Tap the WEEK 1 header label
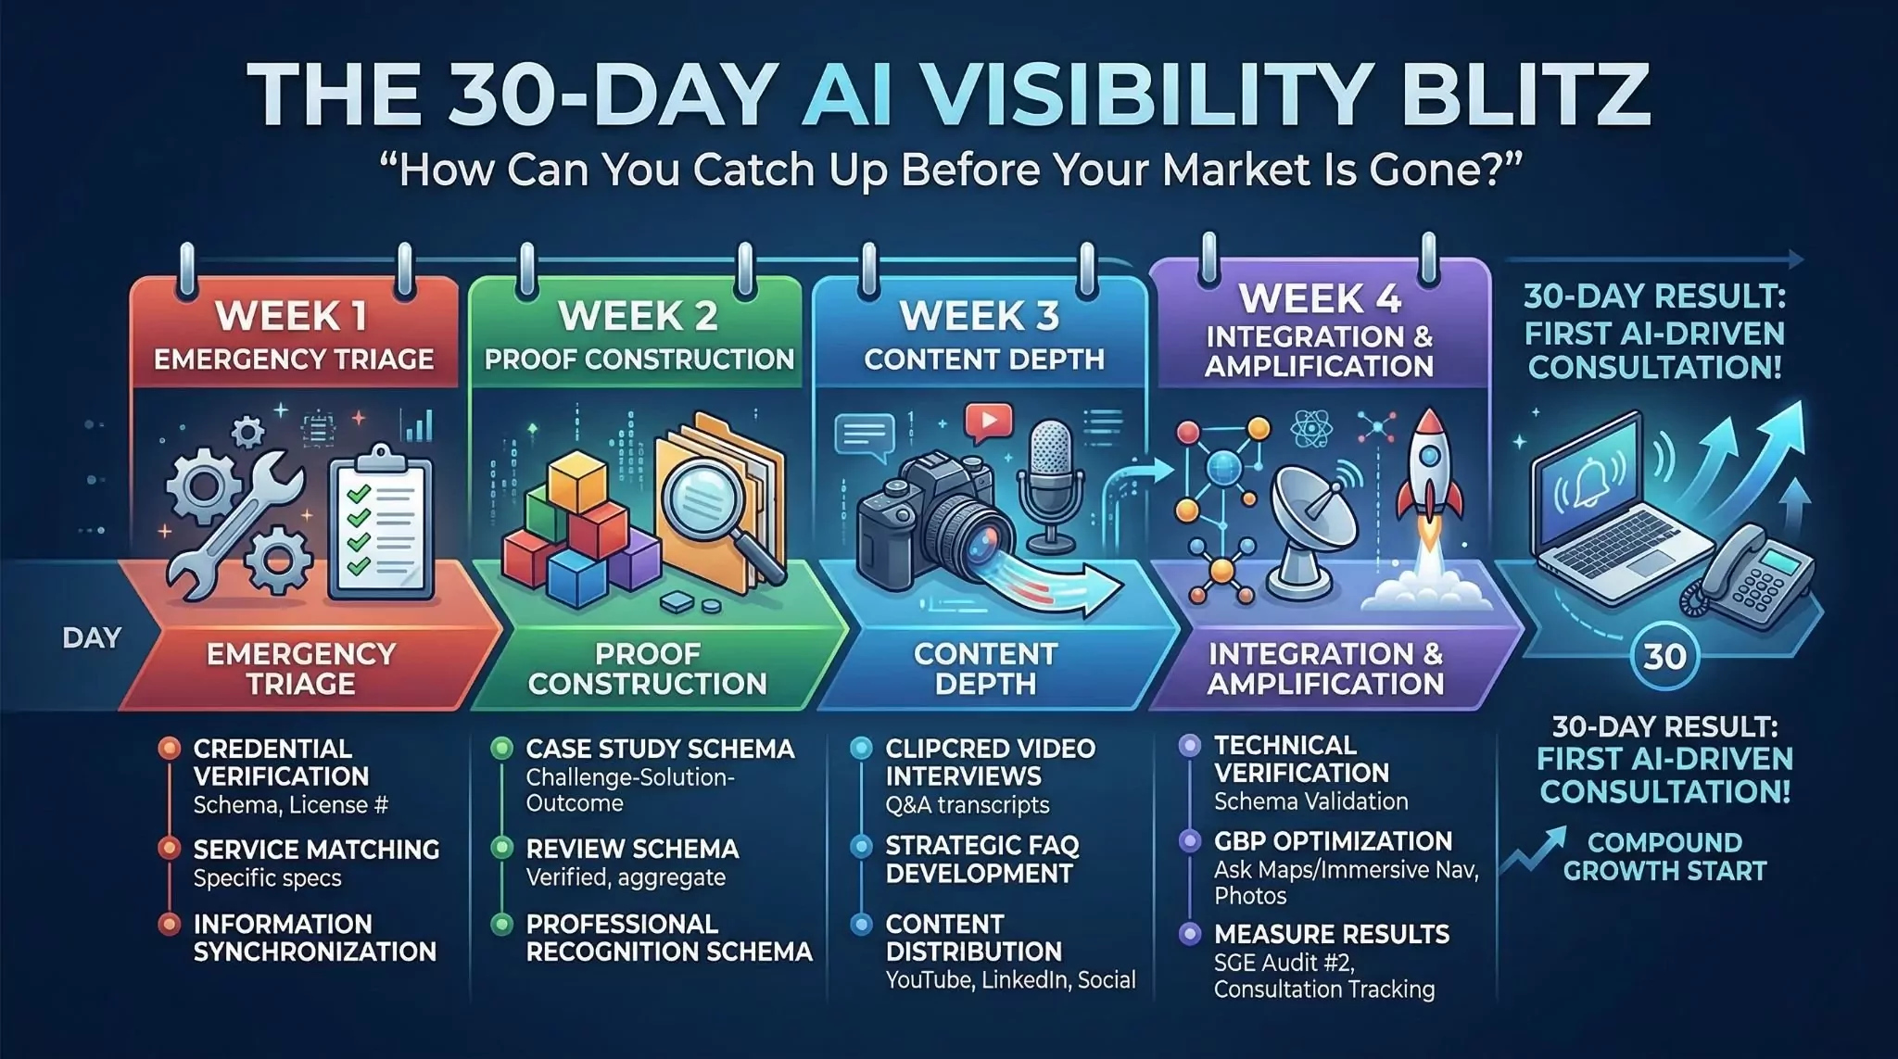(x=292, y=317)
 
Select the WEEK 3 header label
(x=980, y=317)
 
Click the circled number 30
(x=1664, y=656)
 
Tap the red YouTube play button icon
(x=989, y=422)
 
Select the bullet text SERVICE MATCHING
(x=316, y=850)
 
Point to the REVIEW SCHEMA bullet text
(x=632, y=850)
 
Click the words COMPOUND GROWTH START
(x=1664, y=856)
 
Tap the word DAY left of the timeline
(x=92, y=638)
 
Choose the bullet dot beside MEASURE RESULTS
(x=1189, y=934)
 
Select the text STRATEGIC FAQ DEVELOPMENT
(x=982, y=859)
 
